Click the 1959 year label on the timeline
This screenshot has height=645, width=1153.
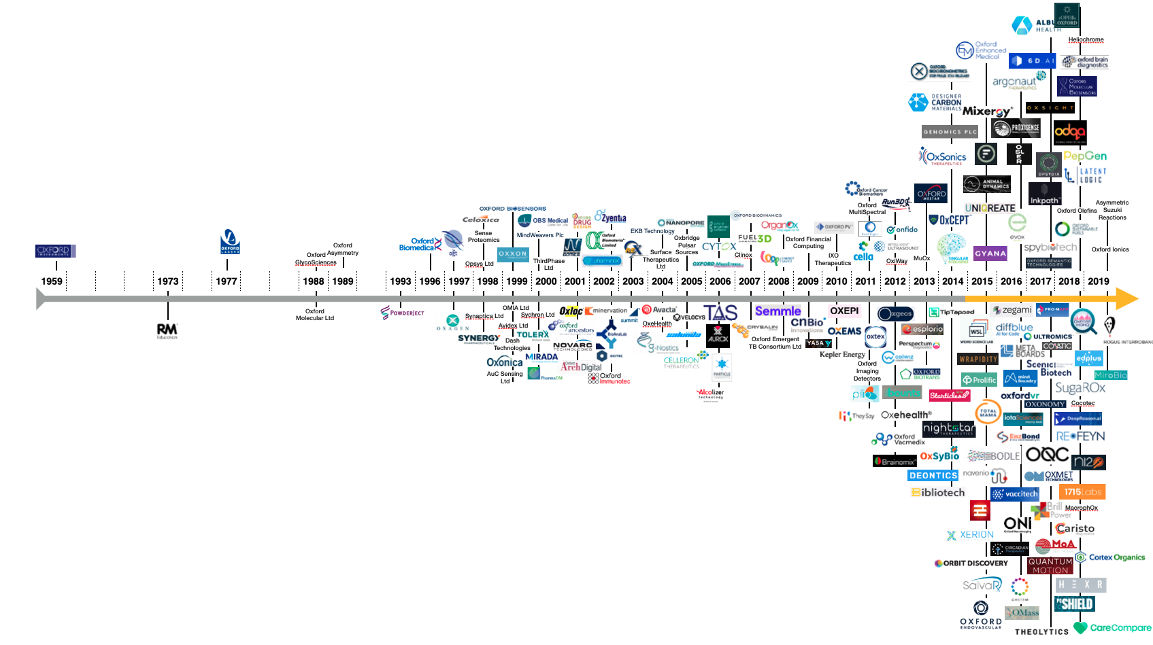point(52,281)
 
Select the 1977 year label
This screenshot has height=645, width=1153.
point(227,281)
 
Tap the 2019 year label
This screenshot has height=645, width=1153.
point(1099,281)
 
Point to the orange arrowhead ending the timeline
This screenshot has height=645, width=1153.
point(1127,298)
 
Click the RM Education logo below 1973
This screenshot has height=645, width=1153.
point(167,331)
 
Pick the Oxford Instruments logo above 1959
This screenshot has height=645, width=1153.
point(55,251)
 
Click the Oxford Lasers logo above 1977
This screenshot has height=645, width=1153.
point(230,241)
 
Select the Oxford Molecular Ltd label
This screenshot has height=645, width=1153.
point(315,315)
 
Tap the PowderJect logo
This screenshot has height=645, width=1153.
point(403,313)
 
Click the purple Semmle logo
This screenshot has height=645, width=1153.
point(778,311)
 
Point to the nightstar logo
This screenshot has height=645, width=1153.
point(948,429)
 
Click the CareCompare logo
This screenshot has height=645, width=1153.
point(1113,627)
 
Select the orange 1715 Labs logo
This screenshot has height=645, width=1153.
point(1082,491)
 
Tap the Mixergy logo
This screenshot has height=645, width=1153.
point(987,111)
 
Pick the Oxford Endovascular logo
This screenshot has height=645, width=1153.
point(981,614)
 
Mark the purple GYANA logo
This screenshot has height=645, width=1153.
point(990,254)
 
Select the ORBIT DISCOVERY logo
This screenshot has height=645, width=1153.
point(971,563)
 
